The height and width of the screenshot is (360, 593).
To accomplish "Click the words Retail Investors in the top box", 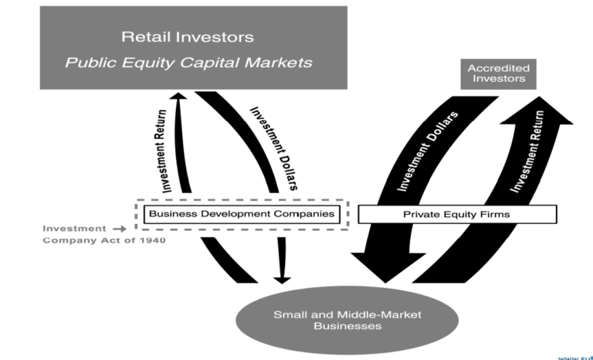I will coord(187,36).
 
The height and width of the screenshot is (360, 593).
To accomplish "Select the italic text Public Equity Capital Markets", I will coord(187,62).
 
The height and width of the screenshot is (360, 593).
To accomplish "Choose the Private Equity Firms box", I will coord(456,214).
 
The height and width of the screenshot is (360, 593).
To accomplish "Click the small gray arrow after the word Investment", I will coord(118,229).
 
